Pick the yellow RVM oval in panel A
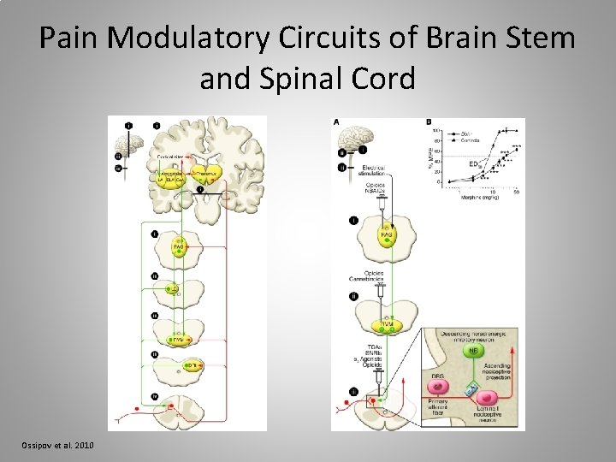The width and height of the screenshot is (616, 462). (387, 325)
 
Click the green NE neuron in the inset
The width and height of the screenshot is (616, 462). (470, 349)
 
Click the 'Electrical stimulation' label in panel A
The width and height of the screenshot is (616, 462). (373, 169)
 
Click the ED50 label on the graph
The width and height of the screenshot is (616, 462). (474, 163)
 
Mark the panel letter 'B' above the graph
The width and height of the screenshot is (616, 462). (428, 122)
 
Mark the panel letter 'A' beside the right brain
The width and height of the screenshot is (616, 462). (335, 122)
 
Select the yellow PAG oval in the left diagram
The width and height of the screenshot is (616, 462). (179, 248)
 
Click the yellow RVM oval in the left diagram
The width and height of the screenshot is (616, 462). (179, 341)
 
